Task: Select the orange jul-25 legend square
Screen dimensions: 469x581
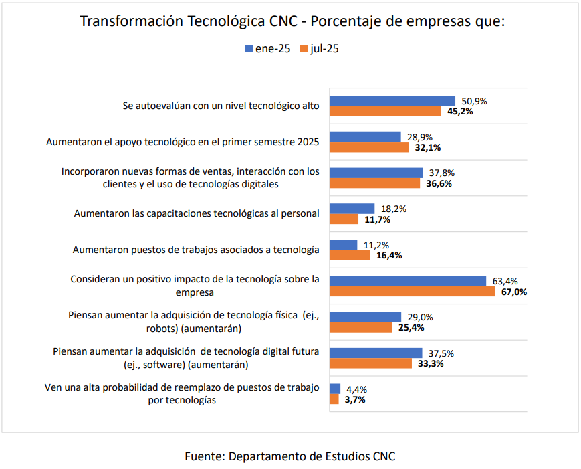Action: pyautogui.click(x=304, y=49)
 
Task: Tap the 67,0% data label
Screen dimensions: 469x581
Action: pyautogui.click(x=513, y=292)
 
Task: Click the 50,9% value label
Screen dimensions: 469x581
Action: pyautogui.click(x=474, y=101)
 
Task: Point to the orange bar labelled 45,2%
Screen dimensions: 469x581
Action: pyautogui.click(x=386, y=111)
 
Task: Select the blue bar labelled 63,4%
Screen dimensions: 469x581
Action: pyautogui.click(x=408, y=281)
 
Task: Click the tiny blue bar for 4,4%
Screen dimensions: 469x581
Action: pyautogui.click(x=336, y=389)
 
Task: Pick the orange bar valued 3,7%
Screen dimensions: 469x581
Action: pyautogui.click(x=334, y=399)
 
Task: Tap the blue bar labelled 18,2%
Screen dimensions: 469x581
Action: pyautogui.click(x=352, y=209)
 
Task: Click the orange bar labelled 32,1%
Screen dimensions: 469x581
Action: pyautogui.click(x=369, y=147)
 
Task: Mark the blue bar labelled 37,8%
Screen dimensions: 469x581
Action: pyautogui.click(x=376, y=173)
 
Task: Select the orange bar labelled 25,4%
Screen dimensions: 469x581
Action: pyautogui.click(x=361, y=327)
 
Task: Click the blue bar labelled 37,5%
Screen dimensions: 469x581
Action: pyautogui.click(x=376, y=353)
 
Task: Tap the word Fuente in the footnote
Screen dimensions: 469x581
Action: pyautogui.click(x=205, y=456)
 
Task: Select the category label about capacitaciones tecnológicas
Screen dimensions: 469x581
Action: pyautogui.click(x=197, y=213)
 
